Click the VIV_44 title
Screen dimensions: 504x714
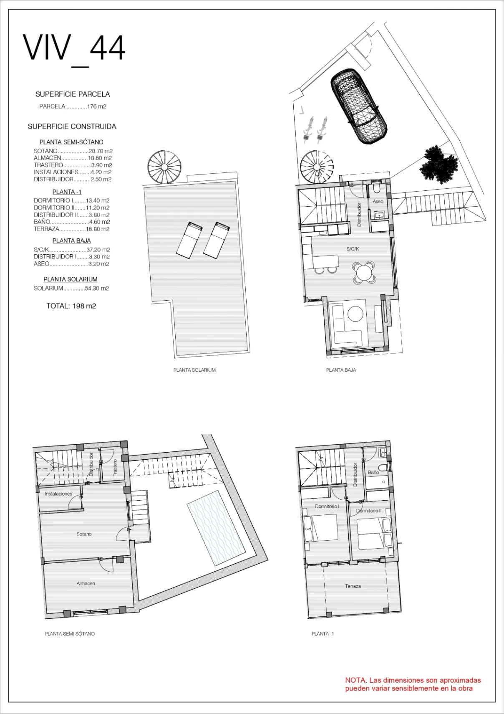pos(74,49)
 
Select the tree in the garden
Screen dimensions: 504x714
pos(439,165)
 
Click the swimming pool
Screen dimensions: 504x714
pos(217,528)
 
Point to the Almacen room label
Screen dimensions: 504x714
pos(86,583)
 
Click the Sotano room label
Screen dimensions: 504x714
pos(84,534)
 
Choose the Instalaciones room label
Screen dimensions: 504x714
pos(58,494)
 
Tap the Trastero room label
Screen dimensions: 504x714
pos(115,468)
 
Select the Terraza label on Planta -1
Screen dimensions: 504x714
pos(353,586)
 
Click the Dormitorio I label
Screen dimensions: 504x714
pos(327,506)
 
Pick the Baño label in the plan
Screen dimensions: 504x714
pos(373,472)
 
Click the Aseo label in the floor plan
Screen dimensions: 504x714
pos(378,201)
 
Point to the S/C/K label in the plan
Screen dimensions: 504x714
pos(353,249)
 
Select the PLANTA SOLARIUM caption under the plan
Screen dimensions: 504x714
pos(194,370)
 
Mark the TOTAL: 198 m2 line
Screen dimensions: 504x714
pos(71,306)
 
